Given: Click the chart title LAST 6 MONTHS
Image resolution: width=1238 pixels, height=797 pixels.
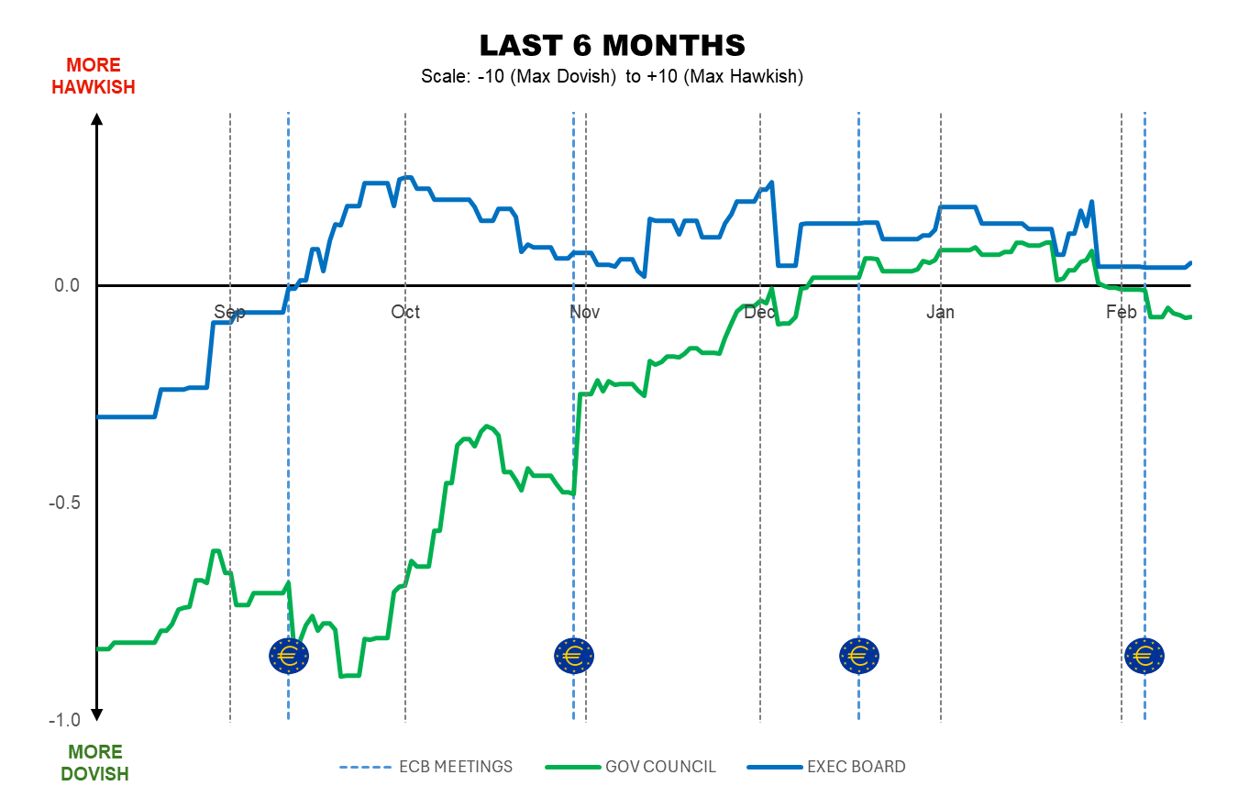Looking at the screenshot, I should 612,45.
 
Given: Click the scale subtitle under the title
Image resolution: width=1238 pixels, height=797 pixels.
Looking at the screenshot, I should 612,76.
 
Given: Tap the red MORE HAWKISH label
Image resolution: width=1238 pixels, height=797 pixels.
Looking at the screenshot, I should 94,76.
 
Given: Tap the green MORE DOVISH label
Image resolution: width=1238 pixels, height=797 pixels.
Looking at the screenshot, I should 94,763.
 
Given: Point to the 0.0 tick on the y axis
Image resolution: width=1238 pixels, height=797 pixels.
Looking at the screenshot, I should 68,286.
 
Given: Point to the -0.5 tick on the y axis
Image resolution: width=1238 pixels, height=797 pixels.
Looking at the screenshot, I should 65,504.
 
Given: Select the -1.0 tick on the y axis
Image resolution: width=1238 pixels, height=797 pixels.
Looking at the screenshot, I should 65,720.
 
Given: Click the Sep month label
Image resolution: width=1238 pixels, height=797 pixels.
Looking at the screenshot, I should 229,312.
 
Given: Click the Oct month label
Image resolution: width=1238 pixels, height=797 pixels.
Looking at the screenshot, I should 405,312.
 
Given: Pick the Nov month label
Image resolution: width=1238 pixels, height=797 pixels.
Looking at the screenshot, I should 585,312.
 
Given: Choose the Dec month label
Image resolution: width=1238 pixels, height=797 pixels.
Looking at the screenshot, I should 760,312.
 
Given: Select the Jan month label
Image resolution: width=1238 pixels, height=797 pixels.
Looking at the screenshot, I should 940,312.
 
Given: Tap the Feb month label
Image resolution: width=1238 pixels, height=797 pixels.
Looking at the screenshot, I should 1121,312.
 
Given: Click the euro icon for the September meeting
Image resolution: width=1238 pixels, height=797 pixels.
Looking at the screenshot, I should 289,656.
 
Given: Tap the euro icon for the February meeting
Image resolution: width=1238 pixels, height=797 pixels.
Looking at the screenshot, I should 1144,656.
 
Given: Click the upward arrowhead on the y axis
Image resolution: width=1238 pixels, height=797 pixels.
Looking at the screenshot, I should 97,118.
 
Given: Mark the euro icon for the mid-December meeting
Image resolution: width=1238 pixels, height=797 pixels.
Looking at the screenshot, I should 859,656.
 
